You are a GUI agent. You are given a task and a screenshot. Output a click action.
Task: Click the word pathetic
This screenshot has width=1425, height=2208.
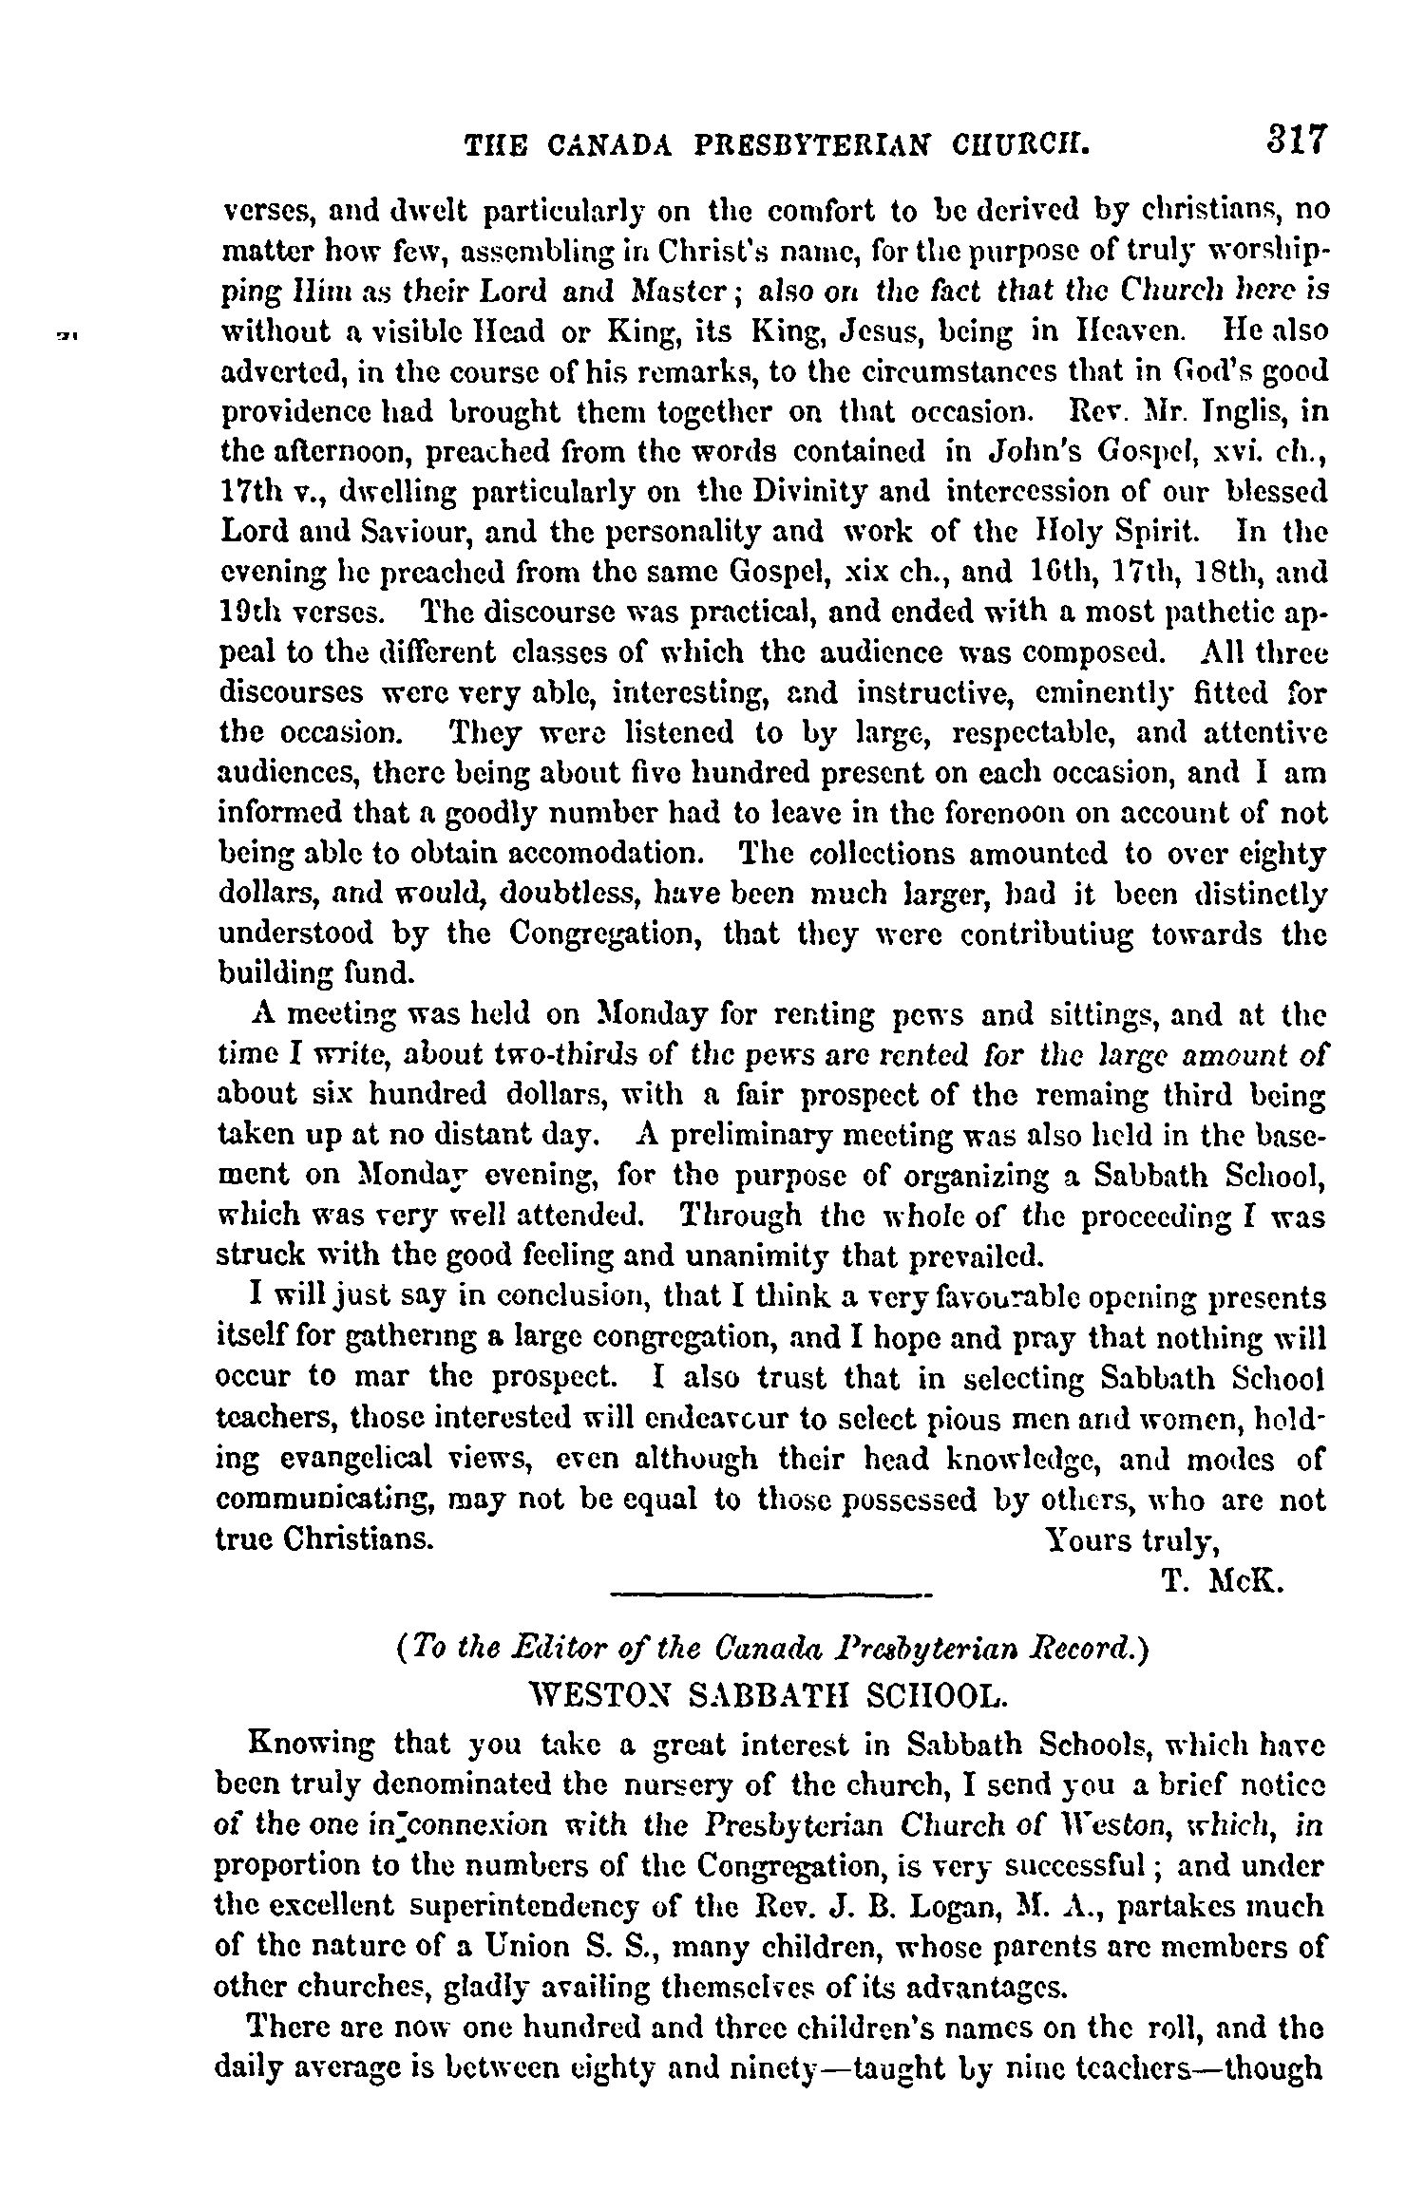[1235, 613]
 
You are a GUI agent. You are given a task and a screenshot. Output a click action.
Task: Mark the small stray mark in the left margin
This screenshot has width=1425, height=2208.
[66, 332]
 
